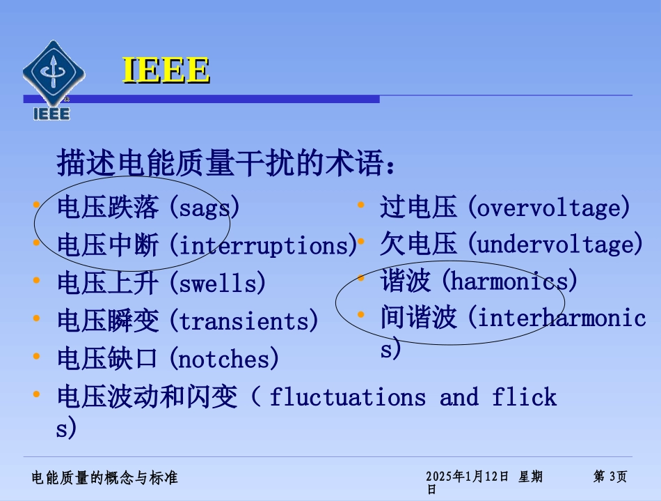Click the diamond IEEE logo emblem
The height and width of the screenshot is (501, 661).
point(53,72)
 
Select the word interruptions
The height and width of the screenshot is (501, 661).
point(264,245)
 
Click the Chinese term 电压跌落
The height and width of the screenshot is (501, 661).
point(108,208)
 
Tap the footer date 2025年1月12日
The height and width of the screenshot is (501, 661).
point(467,477)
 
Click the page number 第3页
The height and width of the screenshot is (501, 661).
point(610,477)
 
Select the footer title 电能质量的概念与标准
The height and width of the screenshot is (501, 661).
point(105,477)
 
